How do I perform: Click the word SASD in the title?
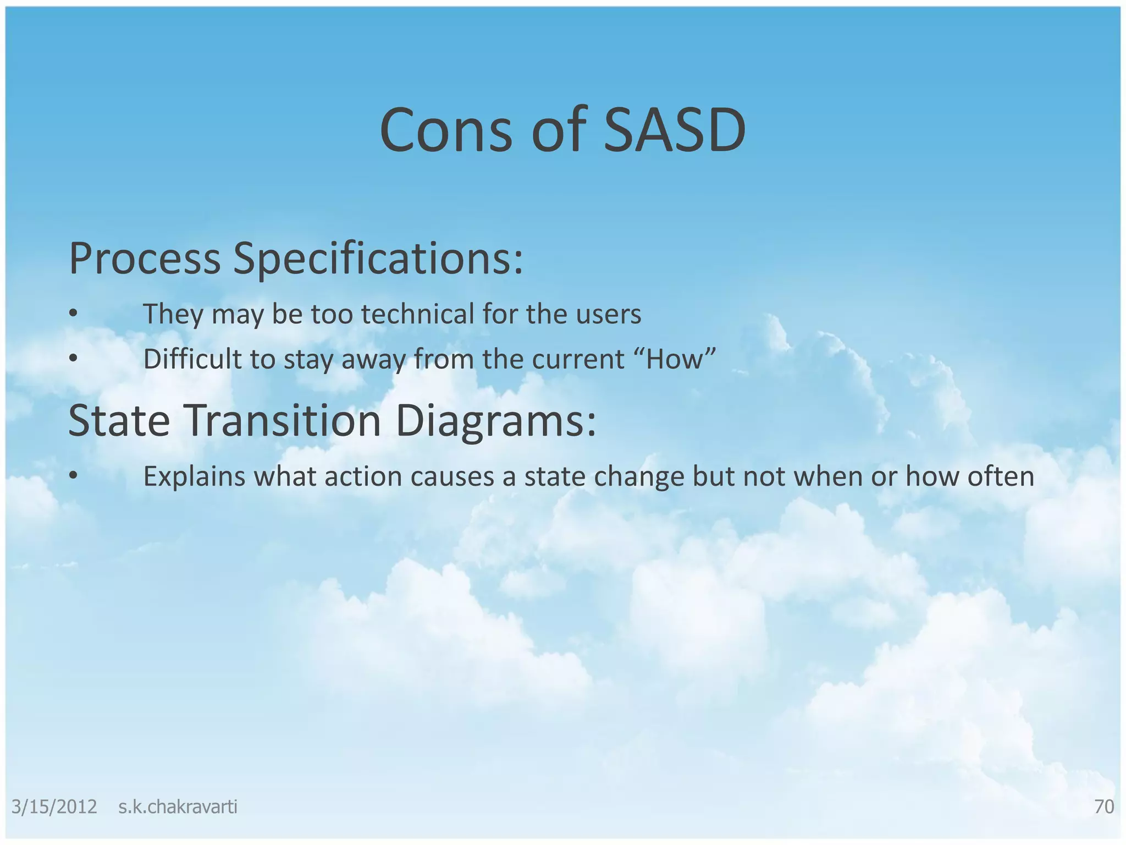(x=675, y=131)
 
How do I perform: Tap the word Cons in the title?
(x=445, y=131)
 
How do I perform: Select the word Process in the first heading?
(x=145, y=259)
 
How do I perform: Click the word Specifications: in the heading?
(x=378, y=259)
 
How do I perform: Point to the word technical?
(x=418, y=314)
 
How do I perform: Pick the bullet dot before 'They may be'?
(x=73, y=314)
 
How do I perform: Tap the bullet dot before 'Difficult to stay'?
(x=73, y=359)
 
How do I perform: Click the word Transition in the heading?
(x=282, y=421)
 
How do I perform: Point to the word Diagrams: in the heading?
(x=495, y=421)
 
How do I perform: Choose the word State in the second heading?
(x=119, y=421)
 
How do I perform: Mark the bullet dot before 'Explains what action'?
(x=73, y=476)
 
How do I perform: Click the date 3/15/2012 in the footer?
(x=54, y=807)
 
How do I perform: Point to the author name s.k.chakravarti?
(x=178, y=807)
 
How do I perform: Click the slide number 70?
(x=1104, y=807)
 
